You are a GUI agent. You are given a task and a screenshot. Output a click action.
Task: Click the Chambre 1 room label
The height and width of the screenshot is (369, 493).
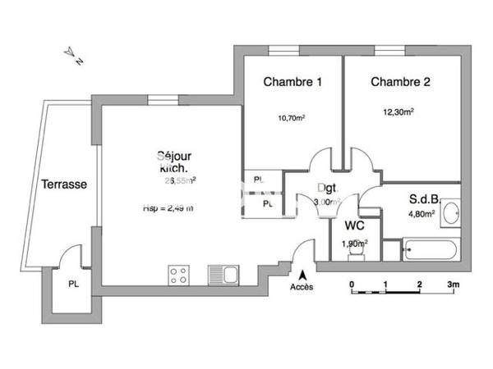293,82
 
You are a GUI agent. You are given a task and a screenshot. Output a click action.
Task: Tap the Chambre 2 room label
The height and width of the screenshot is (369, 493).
400,82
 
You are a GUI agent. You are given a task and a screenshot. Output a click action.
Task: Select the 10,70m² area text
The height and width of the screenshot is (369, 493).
292,118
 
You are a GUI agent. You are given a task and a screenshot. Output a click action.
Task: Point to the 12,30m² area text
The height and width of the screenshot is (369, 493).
398,112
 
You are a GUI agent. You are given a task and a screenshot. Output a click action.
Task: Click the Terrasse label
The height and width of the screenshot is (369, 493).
64,184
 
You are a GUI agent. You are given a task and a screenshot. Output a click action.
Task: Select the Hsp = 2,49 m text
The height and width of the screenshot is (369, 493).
168,208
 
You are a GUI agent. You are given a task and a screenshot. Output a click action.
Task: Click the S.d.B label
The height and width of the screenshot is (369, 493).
424,199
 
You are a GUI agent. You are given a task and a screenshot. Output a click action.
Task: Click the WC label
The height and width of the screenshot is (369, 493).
355,225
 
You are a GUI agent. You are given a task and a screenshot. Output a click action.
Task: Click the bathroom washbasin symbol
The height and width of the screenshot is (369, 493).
450,213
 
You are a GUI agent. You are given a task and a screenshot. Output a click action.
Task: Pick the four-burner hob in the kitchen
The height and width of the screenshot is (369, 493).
178,275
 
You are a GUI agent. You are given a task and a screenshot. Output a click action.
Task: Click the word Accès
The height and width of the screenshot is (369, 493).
302,288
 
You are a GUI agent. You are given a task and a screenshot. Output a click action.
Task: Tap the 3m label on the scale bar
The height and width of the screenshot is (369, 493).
453,285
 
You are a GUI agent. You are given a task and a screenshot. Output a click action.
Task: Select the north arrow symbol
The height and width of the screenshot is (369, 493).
73,55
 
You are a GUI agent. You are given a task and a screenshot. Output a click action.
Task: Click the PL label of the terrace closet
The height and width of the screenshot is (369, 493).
74,285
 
